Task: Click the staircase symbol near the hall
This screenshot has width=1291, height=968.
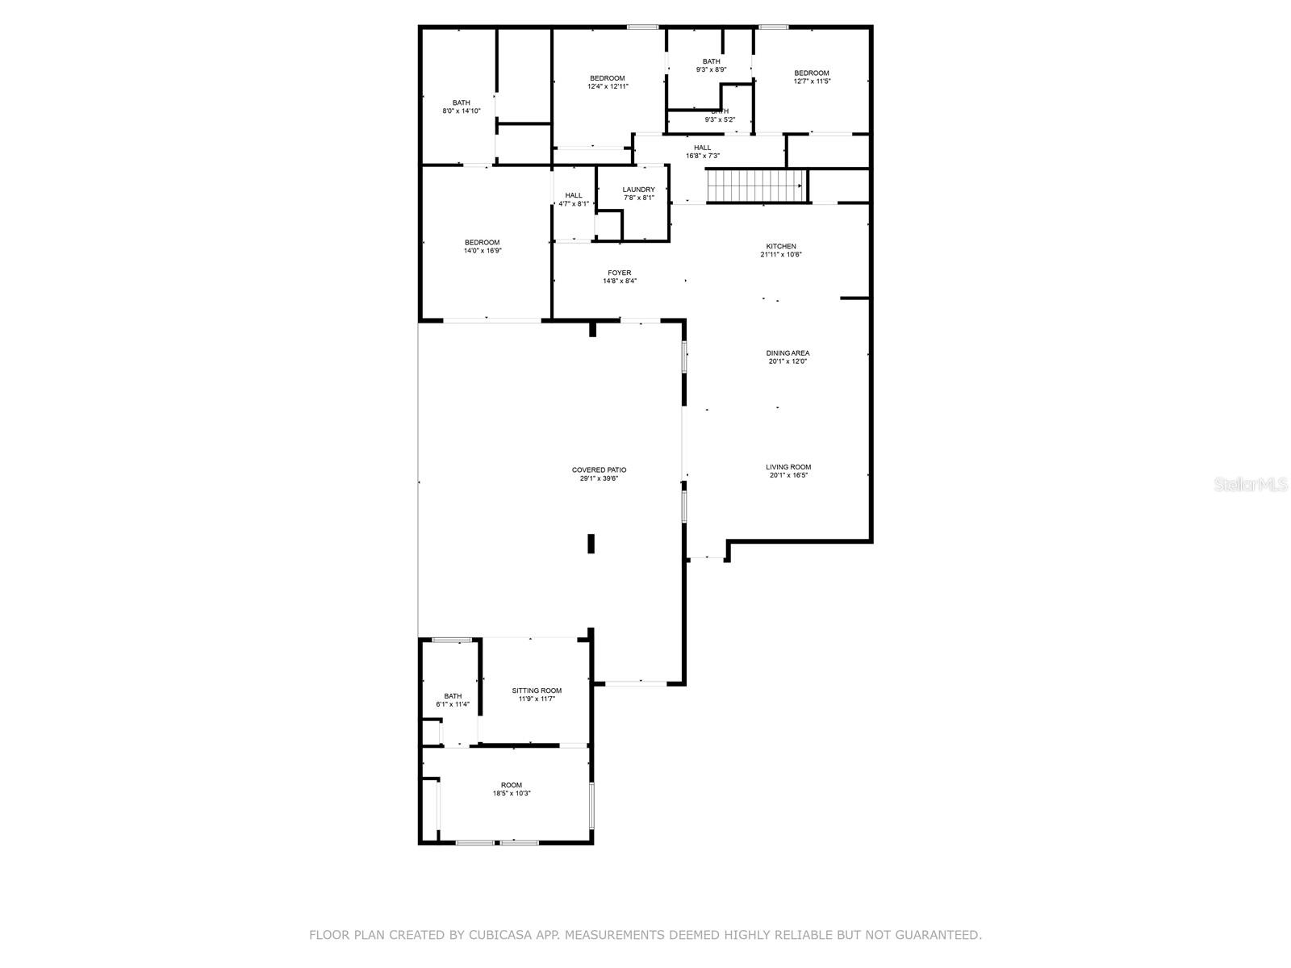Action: (x=756, y=186)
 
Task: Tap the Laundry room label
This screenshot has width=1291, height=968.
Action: (x=638, y=190)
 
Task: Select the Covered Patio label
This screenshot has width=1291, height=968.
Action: (x=599, y=470)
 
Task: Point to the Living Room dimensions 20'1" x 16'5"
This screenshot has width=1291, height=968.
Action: (x=788, y=476)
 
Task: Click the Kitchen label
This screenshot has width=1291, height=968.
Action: (x=780, y=246)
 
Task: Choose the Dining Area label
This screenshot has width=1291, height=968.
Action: (x=788, y=353)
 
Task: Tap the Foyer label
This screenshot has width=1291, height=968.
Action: (x=619, y=273)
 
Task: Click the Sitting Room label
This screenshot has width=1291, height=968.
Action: (x=537, y=691)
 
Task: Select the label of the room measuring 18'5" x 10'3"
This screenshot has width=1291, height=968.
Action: (x=512, y=785)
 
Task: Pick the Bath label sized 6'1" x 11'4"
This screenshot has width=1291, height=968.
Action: (x=453, y=696)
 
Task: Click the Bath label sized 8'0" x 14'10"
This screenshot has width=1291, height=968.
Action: (x=461, y=102)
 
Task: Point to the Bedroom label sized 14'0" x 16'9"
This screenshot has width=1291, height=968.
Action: (x=482, y=242)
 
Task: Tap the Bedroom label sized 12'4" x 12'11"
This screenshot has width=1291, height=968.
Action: (x=607, y=78)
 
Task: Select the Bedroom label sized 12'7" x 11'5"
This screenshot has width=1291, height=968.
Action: (x=811, y=73)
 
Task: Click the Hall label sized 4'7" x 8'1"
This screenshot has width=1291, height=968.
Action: (x=573, y=195)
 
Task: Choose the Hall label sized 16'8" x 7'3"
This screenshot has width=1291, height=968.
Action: (x=702, y=148)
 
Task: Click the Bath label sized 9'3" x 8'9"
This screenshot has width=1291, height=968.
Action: (x=711, y=61)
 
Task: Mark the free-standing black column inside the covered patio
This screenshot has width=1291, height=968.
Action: (x=591, y=544)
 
